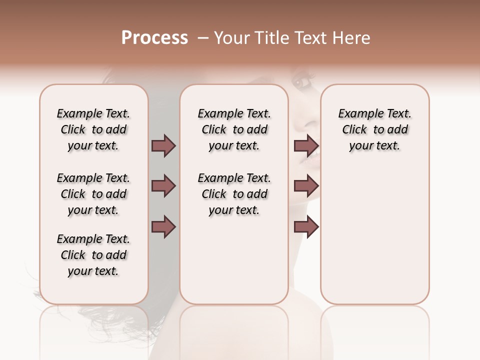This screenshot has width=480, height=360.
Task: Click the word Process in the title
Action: pos(154,37)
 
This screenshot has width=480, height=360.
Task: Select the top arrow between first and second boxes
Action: pos(164,146)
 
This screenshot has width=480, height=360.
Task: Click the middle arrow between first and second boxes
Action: pos(164,186)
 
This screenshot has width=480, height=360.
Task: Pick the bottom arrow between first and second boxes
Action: pos(164,226)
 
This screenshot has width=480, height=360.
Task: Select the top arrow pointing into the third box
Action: pos(306,146)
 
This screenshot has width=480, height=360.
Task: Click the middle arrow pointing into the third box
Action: pos(306,186)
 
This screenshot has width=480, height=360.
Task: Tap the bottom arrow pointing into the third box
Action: pos(306,226)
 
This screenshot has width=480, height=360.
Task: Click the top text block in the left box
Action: pos(93,129)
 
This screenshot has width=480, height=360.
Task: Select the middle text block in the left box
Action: pos(93,194)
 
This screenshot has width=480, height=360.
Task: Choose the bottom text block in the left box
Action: pos(93,255)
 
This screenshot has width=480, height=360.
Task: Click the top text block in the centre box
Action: pos(234,129)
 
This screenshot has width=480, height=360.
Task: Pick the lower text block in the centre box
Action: pos(234,194)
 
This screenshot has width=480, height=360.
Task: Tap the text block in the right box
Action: pos(375,129)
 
